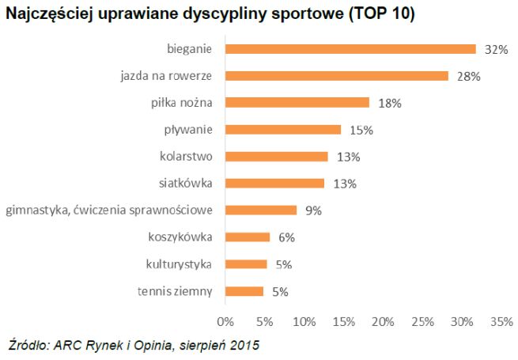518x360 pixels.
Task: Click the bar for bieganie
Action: point(350,49)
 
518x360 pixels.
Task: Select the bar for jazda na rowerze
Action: point(336,76)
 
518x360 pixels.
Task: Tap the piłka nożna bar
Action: point(297,103)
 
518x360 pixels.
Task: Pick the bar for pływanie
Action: point(283,130)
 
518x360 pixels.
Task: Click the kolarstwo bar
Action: point(276,157)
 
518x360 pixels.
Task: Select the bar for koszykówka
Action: point(248,237)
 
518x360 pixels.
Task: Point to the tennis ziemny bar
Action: point(244,291)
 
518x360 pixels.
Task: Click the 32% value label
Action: point(496,50)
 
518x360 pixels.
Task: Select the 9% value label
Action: point(314,210)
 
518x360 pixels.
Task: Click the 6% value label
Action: point(285,237)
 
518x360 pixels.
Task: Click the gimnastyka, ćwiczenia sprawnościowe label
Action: point(109,210)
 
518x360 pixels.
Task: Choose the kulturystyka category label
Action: point(180,264)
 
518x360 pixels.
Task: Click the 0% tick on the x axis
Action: point(225,322)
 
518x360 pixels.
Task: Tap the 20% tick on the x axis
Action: point(383,322)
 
